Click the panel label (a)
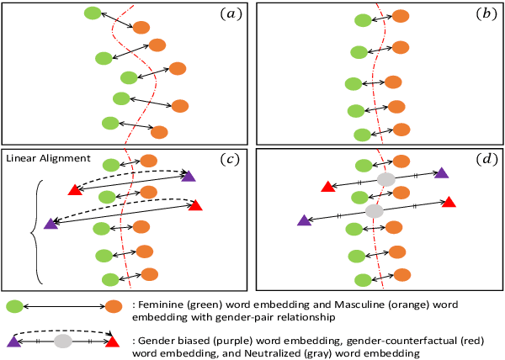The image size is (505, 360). tap(230, 14)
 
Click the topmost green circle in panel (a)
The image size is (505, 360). tap(93, 13)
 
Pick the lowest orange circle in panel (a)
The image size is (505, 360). tap(159, 131)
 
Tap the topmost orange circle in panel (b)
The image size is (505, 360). tap(401, 16)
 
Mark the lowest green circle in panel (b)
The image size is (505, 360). tap(363, 135)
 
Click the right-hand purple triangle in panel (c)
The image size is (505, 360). tap(188, 175)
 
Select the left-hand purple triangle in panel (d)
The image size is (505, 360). tap(303, 220)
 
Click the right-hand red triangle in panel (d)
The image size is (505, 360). tap(449, 202)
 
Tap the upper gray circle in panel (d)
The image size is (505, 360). tap(385, 179)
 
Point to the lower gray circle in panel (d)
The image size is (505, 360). tap(375, 210)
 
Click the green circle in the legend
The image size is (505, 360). tap(13, 308)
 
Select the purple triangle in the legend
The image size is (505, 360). tap(13, 341)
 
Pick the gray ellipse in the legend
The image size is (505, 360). tap(62, 341)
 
